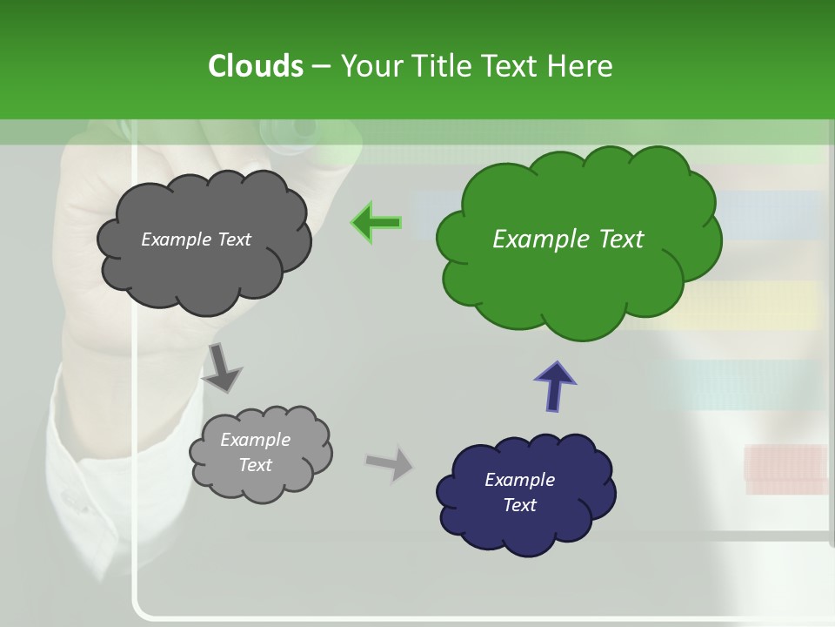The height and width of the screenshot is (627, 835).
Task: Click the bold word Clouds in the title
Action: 255,66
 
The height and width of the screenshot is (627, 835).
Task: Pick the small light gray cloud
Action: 261,483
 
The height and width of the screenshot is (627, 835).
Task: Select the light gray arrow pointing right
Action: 391,462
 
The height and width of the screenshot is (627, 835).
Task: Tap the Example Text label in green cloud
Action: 568,239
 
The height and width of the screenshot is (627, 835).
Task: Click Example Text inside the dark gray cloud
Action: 196,239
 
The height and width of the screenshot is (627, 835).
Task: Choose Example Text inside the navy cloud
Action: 519,492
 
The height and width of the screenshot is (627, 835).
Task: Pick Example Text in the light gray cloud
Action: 255,453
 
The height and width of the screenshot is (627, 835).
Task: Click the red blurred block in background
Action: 785,467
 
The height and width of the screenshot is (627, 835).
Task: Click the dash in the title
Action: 320,67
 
